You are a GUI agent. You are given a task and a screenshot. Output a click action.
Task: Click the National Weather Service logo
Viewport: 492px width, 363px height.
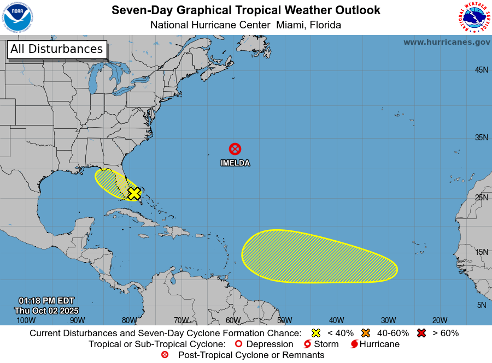[473, 18]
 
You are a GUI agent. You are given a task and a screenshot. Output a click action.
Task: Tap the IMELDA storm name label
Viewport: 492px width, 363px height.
[235, 163]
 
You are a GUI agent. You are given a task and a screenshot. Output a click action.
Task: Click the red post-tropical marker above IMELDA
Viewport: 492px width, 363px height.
[235, 148]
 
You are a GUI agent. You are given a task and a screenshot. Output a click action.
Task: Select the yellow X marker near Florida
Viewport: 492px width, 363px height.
[134, 193]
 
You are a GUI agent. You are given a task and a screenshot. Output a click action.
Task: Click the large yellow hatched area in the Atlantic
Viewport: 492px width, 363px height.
[319, 257]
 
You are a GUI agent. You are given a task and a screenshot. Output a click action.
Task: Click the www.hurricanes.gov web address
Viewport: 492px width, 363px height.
[447, 42]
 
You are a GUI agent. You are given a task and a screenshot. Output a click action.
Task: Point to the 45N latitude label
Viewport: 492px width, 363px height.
[481, 70]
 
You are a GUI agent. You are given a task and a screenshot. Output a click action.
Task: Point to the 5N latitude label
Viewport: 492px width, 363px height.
[481, 305]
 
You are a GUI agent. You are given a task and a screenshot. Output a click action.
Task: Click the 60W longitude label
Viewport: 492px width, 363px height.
[233, 320]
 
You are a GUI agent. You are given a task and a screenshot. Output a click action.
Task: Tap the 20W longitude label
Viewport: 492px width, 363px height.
[440, 320]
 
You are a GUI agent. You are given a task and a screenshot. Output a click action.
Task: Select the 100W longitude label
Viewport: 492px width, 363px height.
[26, 320]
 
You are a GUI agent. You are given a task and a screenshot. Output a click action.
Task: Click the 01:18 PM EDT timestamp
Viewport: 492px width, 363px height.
[46, 301]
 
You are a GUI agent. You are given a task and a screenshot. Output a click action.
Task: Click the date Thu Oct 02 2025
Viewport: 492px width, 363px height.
[46, 310]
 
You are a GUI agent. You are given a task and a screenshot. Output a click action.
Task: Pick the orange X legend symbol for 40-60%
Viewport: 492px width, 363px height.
[366, 333]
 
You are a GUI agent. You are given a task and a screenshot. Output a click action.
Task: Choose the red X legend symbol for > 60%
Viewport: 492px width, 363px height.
[421, 333]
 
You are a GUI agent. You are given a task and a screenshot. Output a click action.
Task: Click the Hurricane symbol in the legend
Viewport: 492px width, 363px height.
[355, 344]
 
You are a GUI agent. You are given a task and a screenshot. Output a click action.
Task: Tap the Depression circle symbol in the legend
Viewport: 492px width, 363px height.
[238, 344]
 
